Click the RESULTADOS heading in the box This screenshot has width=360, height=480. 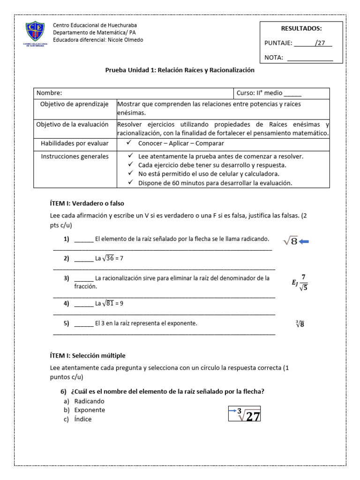[301, 29]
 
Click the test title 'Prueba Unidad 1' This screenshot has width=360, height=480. [180, 70]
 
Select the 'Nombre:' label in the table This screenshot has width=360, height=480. [49, 93]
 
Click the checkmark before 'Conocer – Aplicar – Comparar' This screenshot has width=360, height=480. [130, 143]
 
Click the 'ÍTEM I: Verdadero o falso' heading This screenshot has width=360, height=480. [87, 203]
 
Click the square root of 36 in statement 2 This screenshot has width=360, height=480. [110, 258]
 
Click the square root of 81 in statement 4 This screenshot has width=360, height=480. [110, 303]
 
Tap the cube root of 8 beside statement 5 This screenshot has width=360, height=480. [300, 323]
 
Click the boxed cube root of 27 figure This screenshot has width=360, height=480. [244, 414]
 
